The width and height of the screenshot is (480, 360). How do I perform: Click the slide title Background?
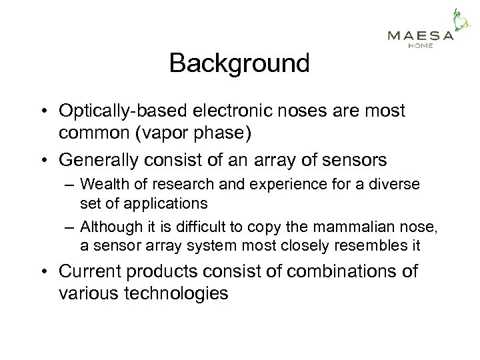pos(239,64)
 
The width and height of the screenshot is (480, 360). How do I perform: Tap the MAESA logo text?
pos(421,35)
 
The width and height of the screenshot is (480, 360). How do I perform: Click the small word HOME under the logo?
pos(420,46)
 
